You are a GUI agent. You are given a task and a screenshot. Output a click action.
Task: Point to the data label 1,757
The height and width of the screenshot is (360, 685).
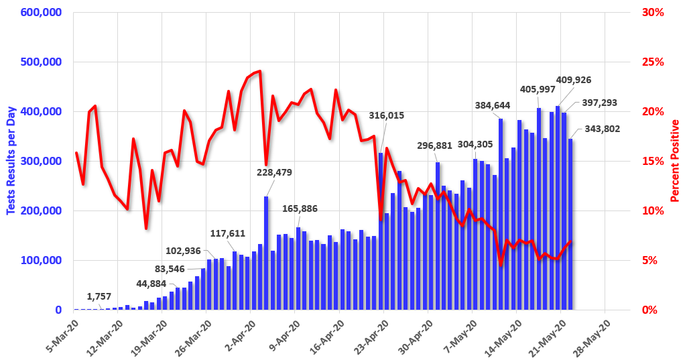(99, 296)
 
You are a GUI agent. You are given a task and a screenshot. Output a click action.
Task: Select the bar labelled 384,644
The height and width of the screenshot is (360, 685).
(501, 214)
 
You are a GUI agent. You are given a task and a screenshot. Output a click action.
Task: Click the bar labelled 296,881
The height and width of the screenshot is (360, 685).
(437, 235)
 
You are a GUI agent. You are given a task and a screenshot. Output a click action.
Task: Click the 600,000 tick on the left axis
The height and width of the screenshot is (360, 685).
(42, 13)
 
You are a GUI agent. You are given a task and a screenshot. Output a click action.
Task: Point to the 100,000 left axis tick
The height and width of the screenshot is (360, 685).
(42, 260)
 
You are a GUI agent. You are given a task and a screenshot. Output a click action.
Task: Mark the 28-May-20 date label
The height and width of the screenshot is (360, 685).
(593, 335)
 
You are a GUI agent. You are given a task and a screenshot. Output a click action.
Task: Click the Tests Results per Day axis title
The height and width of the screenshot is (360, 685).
(11, 162)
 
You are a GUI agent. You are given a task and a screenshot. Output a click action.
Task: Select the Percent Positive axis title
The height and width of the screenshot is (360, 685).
(675, 161)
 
